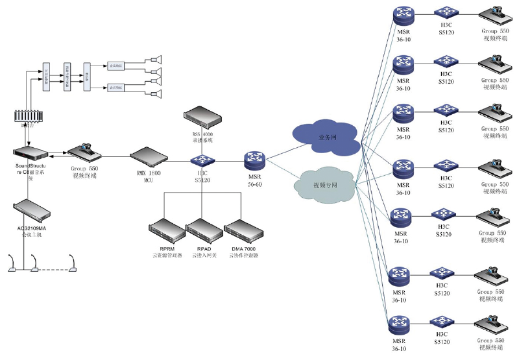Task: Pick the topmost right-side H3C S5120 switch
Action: (x=446, y=12)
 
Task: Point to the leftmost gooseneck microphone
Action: (x=12, y=265)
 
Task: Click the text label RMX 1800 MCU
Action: (x=149, y=178)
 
